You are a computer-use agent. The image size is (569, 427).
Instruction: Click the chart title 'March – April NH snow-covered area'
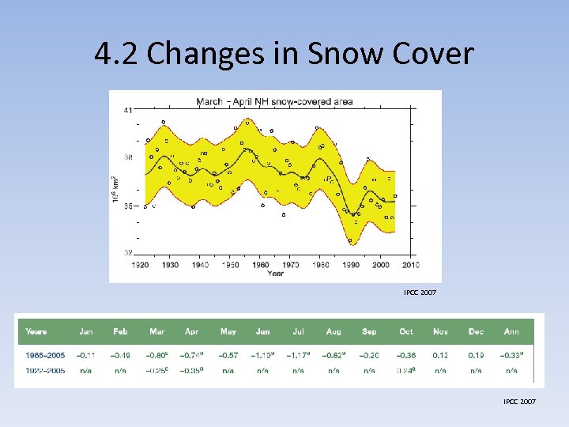(x=274, y=101)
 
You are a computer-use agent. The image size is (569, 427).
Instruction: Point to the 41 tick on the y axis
(x=128, y=111)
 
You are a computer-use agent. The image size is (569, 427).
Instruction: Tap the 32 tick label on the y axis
(x=128, y=252)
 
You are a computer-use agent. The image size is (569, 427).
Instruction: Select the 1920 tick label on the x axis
(x=139, y=265)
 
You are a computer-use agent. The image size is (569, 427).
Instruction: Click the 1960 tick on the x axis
(x=260, y=265)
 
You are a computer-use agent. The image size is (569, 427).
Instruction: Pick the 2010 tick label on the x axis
(x=410, y=265)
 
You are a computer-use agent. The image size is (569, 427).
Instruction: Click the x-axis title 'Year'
(x=275, y=274)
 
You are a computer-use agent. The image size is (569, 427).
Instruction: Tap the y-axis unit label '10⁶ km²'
(x=115, y=187)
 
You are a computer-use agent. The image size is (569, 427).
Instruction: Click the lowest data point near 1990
(x=349, y=241)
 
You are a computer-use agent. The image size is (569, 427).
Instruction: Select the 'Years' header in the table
(x=36, y=331)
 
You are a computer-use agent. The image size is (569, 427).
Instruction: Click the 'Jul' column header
(x=298, y=331)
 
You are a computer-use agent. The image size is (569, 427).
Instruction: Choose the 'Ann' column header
(x=511, y=331)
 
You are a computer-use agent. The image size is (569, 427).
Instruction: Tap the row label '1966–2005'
(x=45, y=355)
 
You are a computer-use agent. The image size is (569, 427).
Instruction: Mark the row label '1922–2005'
(x=45, y=369)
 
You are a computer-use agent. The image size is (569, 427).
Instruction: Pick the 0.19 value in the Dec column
(x=476, y=355)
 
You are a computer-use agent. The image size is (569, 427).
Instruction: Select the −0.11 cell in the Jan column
(x=85, y=355)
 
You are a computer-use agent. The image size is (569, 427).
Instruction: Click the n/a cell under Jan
(x=85, y=369)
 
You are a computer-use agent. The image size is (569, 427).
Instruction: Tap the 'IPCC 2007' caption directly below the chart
(x=419, y=293)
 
